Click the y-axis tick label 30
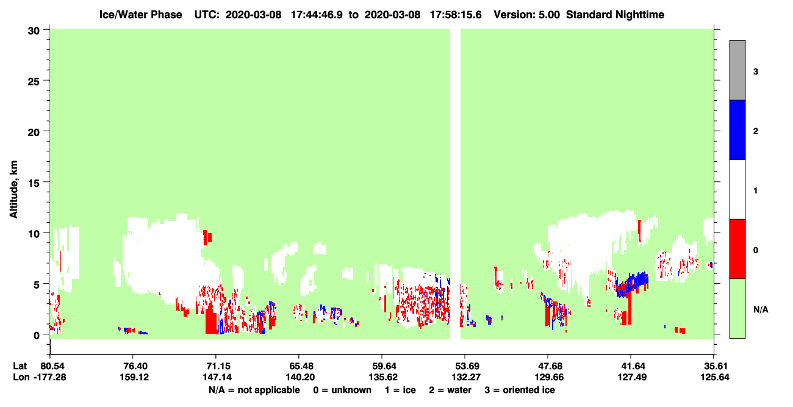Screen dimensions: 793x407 pyautogui.click(x=34, y=31)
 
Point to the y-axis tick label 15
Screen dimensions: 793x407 pyautogui.click(x=34, y=182)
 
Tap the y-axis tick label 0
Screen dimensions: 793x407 pyautogui.click(x=37, y=336)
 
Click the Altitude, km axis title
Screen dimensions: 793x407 pyautogui.click(x=13, y=189)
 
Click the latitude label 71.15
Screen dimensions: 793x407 pyautogui.click(x=217, y=366)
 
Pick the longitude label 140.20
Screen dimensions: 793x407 pyautogui.click(x=300, y=377)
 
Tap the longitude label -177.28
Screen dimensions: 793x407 pyautogui.click(x=50, y=377)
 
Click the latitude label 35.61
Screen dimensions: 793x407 pyautogui.click(x=714, y=366)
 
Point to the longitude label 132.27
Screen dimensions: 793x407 pyautogui.click(x=466, y=377)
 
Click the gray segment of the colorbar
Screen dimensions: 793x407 pyautogui.click(x=737, y=70)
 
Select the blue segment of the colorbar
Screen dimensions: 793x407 pyautogui.click(x=737, y=129)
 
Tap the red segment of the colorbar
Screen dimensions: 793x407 pyautogui.click(x=737, y=249)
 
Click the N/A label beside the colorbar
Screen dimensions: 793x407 pyautogui.click(x=761, y=309)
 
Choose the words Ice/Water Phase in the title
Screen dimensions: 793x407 pyautogui.click(x=140, y=15)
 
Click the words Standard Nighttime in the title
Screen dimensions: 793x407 pyautogui.click(x=615, y=15)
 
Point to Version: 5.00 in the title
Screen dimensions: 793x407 pyautogui.click(x=527, y=15)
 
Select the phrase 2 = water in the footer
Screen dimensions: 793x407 pyautogui.click(x=450, y=390)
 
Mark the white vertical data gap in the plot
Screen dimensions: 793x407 pyautogui.click(x=455, y=184)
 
